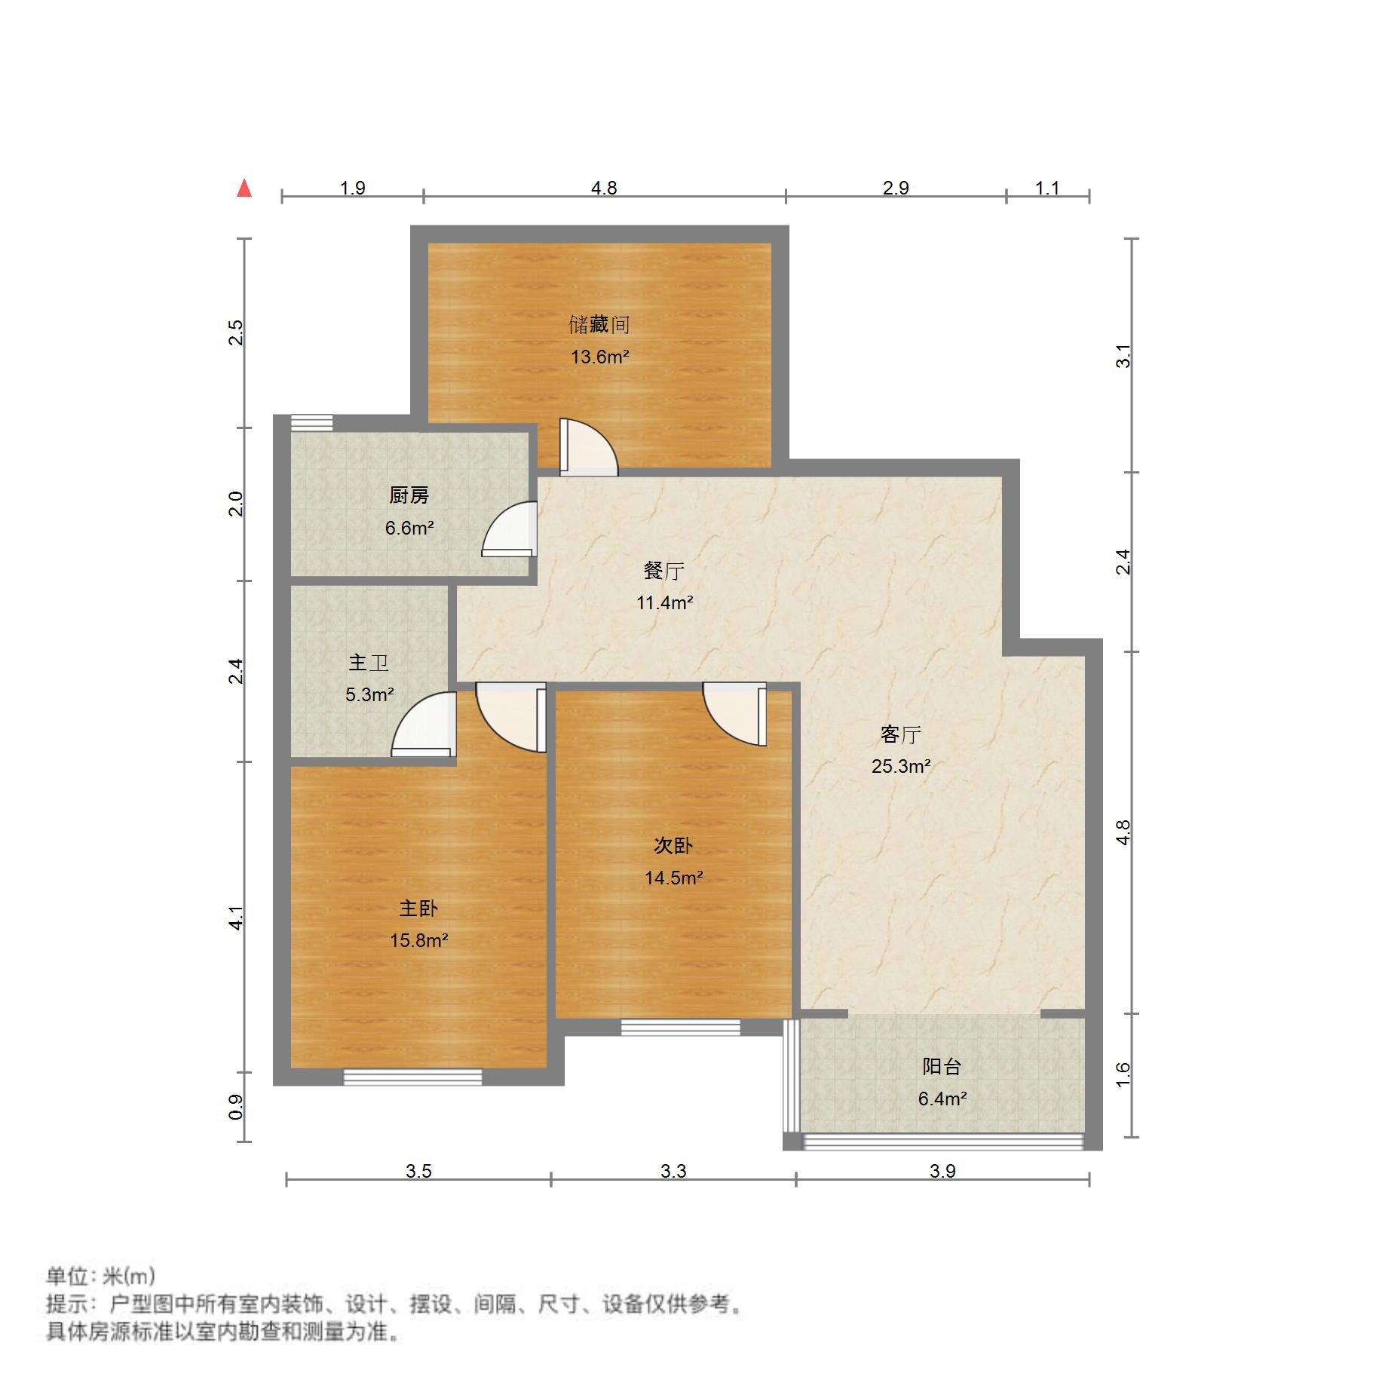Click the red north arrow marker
[244, 188]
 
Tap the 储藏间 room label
[599, 325]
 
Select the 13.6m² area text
[599, 357]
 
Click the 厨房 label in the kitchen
[409, 495]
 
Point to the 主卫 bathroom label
[369, 663]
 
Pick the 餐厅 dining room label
[663, 571]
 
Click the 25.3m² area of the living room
[900, 767]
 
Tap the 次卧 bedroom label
[673, 846]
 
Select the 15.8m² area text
[418, 940]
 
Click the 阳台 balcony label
[942, 1067]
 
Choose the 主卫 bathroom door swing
[424, 725]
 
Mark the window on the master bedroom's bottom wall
[412, 1077]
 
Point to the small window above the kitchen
[311, 422]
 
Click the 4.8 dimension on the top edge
[604, 188]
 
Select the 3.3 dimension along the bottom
[673, 1171]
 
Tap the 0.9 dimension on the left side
[236, 1106]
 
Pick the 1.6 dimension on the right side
[1123, 1074]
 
